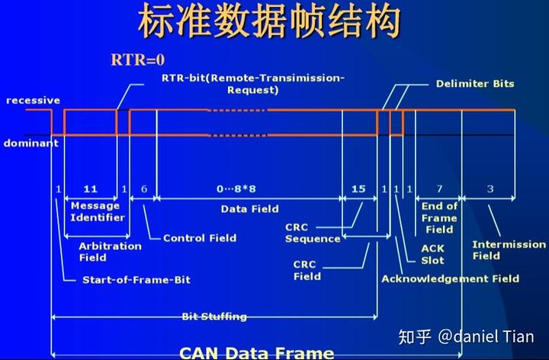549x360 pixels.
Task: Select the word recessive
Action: pos(33,100)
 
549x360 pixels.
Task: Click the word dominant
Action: pos(30,143)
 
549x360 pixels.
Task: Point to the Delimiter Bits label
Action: pos(475,83)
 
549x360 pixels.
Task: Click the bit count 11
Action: pos(90,188)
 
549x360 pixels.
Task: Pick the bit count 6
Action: pos(143,188)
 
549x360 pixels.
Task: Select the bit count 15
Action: pos(358,188)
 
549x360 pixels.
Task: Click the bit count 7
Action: pos(439,188)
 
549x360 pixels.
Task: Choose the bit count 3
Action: pos(490,188)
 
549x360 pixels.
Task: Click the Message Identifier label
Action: pos(95,211)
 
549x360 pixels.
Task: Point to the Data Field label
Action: pos(249,208)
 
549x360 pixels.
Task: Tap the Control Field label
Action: pos(200,238)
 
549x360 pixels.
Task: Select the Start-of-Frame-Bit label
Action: pos(136,280)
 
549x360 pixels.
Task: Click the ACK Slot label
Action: pos(432,254)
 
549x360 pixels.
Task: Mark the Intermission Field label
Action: pos(509,250)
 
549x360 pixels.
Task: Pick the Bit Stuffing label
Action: pos(214,316)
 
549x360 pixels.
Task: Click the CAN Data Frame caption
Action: pos(256,352)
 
